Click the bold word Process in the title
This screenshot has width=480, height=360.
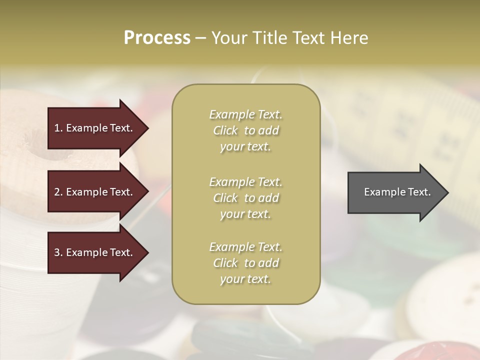coord(157,38)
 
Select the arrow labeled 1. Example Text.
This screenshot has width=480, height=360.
coord(95,128)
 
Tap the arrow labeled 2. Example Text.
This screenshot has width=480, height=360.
coord(95,192)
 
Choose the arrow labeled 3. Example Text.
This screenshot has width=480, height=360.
coord(95,252)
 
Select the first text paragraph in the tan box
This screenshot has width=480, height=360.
coord(245,130)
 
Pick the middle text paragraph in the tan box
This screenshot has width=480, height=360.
coord(245,198)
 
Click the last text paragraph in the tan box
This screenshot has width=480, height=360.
coord(245,263)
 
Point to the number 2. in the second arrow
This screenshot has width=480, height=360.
coord(58,192)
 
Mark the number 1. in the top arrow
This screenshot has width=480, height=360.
coord(58,128)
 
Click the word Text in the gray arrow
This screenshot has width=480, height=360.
coord(418,192)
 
